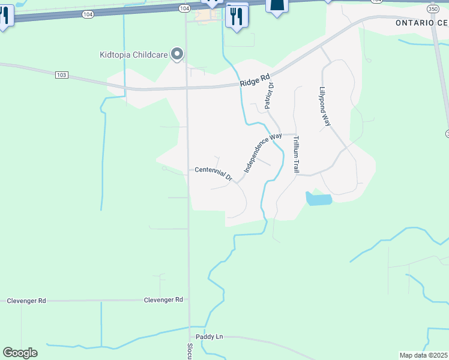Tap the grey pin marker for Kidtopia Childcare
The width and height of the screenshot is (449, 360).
[x=177, y=55]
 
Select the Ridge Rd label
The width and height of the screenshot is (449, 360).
[x=255, y=80]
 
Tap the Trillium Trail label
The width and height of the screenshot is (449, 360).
[x=295, y=154]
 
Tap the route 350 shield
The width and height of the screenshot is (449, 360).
[x=433, y=9]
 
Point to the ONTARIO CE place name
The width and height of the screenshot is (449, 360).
[x=421, y=22]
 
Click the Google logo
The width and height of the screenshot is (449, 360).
[x=20, y=353]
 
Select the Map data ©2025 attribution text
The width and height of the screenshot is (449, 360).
[x=423, y=355]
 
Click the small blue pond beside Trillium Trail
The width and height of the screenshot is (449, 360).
[x=318, y=199]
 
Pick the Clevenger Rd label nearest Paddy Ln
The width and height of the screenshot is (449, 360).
[x=163, y=299]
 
